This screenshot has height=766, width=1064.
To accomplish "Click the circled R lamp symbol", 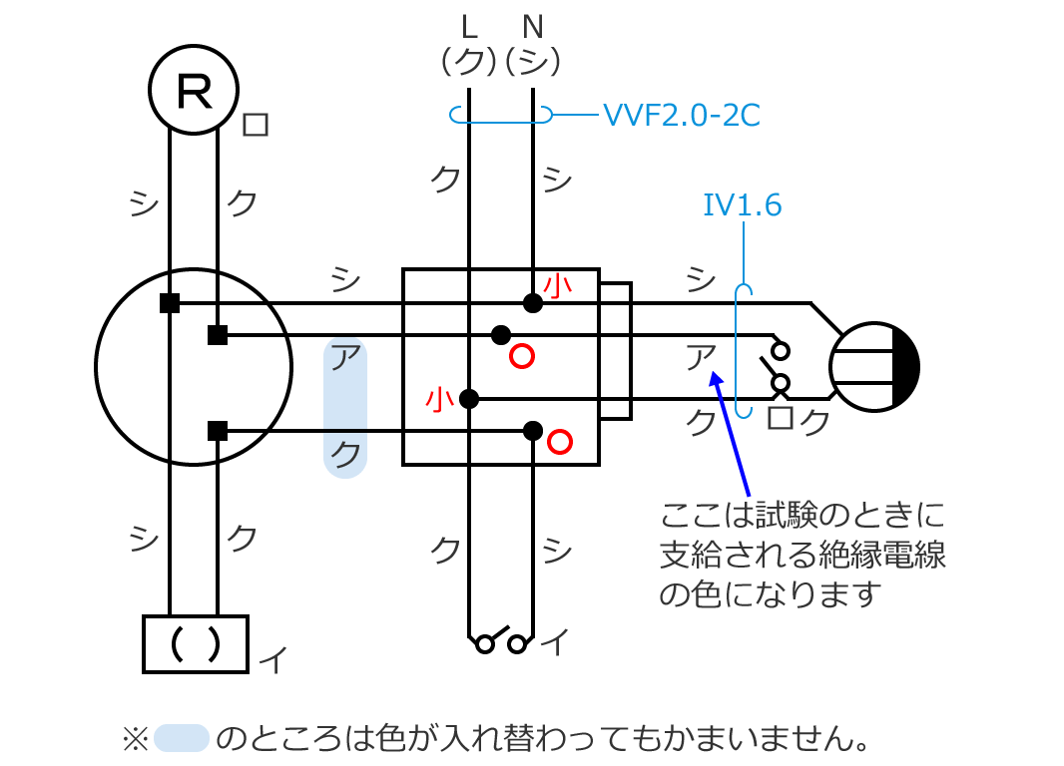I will coord(194,90).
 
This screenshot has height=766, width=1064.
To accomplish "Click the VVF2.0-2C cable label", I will coord(681,117).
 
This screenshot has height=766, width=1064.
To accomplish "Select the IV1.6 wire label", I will coord(742,205).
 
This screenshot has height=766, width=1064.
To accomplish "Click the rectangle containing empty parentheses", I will coord(195,643).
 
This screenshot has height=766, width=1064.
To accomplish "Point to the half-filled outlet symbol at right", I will coord(874,367).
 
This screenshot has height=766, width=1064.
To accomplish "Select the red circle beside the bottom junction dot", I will coord(560,440).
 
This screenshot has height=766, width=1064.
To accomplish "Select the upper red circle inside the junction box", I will coord(521,356).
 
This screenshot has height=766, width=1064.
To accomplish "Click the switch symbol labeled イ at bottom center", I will coord(501,640).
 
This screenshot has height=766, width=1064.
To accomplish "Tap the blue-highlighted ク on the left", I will coord(345,455).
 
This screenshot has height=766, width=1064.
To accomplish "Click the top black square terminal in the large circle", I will coord(170,303).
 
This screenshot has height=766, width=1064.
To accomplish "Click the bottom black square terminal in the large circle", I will coord(218,431).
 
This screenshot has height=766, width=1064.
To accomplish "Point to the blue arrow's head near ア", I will coord(713,376).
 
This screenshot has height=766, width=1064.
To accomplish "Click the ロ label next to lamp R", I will coord(256,125).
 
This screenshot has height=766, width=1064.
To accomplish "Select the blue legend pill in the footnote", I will coord(181,738).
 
